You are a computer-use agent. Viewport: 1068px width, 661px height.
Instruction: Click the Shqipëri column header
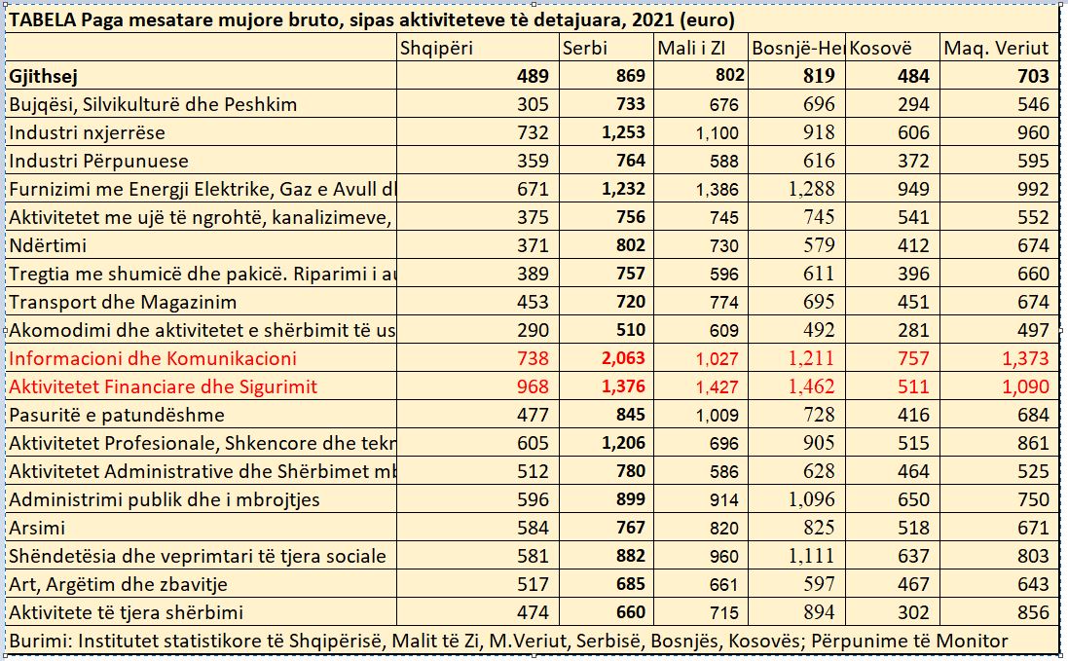click(437, 48)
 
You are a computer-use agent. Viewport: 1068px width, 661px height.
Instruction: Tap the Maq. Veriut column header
click(996, 48)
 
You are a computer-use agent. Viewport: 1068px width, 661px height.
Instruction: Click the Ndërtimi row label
click(48, 245)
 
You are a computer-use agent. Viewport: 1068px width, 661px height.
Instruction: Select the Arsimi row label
click(37, 528)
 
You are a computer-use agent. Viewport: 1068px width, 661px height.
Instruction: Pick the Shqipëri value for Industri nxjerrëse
click(533, 132)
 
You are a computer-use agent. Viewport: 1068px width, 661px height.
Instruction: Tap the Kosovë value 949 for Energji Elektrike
click(913, 189)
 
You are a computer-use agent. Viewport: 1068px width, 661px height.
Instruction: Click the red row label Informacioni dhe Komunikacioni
click(153, 358)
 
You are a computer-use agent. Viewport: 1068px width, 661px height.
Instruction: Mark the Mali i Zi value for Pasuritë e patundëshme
click(717, 415)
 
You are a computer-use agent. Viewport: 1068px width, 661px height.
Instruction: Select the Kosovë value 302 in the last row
click(913, 612)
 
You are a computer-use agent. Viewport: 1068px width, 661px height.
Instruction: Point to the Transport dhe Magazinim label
click(123, 302)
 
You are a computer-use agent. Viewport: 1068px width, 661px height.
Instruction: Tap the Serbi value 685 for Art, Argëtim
click(629, 584)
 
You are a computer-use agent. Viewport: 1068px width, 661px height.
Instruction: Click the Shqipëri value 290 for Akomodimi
click(533, 330)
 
